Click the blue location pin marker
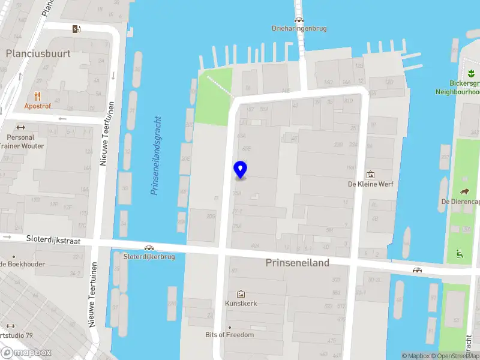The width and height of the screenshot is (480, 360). (x=241, y=170)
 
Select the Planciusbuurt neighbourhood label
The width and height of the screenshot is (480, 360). (x=38, y=53)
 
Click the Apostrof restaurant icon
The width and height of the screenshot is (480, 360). (x=37, y=95)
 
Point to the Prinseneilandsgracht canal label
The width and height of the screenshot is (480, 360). (x=157, y=155)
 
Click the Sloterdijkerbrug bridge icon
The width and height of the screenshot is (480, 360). (x=149, y=248)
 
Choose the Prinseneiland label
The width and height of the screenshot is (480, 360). (x=298, y=263)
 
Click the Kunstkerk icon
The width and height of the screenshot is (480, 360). (x=241, y=293)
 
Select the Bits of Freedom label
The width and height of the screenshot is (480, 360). (x=229, y=335)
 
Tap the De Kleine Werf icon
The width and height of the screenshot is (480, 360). (x=370, y=175)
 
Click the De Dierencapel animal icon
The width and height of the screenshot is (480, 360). (x=465, y=191)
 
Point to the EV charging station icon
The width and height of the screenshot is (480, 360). (x=76, y=29)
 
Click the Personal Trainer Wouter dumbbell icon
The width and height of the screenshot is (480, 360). (x=21, y=127)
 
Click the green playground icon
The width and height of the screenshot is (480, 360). (x=460, y=252)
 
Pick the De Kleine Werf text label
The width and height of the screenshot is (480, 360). (x=371, y=184)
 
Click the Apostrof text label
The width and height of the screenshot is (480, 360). (x=37, y=106)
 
